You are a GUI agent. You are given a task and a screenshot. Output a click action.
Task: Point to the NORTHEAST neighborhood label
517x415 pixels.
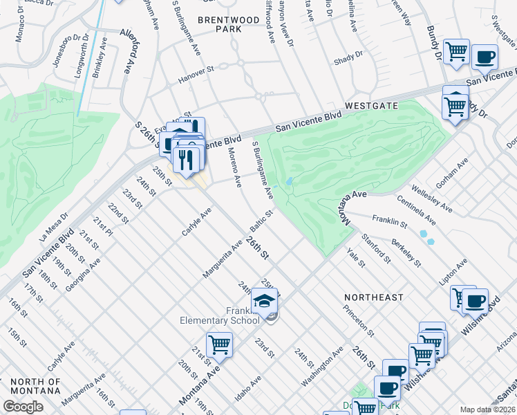(x=374, y=297)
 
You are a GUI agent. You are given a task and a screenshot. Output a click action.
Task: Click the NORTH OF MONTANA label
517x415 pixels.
(x=35, y=386)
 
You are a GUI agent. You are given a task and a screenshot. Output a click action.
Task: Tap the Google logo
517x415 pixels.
(x=23, y=407)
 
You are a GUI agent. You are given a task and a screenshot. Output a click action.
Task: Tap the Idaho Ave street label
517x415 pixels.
(x=246, y=390)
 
